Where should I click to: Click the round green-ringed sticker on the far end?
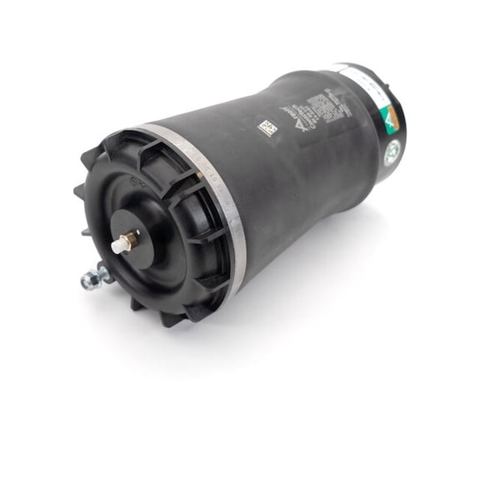coord(391,152)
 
